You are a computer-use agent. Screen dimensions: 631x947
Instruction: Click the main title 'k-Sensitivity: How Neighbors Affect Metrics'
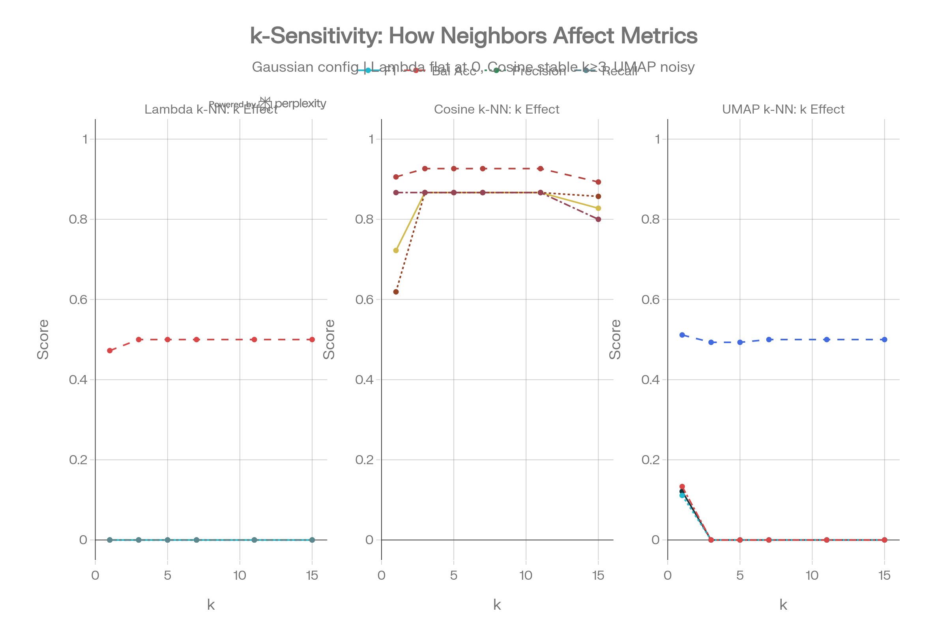click(473, 36)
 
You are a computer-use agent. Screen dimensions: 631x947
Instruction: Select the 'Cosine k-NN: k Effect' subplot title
click(496, 110)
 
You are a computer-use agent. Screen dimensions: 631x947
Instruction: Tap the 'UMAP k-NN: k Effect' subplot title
click(783, 110)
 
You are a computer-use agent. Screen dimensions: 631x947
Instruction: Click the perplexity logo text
click(300, 103)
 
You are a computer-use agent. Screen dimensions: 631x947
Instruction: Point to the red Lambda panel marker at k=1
click(110, 351)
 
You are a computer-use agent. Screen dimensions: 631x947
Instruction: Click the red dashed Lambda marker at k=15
click(312, 340)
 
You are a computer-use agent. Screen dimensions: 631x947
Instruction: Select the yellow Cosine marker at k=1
click(396, 250)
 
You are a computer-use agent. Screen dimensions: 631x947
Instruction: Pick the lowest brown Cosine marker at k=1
click(396, 292)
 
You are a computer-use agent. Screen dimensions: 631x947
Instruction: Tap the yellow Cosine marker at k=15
click(598, 208)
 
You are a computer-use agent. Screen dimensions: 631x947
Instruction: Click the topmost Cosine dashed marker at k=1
click(396, 177)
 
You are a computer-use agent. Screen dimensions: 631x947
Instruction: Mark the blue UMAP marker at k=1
click(682, 335)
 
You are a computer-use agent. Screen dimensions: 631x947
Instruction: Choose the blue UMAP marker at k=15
click(884, 340)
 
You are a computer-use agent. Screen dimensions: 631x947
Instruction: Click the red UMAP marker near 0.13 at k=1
click(682, 487)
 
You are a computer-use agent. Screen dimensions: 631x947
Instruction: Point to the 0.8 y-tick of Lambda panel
click(78, 219)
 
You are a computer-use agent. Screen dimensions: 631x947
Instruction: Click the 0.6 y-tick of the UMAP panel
click(651, 299)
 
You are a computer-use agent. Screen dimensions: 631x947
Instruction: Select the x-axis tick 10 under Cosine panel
click(526, 575)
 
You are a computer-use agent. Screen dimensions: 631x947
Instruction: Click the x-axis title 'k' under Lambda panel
click(211, 605)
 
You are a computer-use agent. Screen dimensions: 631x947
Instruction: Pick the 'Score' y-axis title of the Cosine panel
click(329, 339)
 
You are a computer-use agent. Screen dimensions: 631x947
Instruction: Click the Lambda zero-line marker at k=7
click(197, 540)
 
